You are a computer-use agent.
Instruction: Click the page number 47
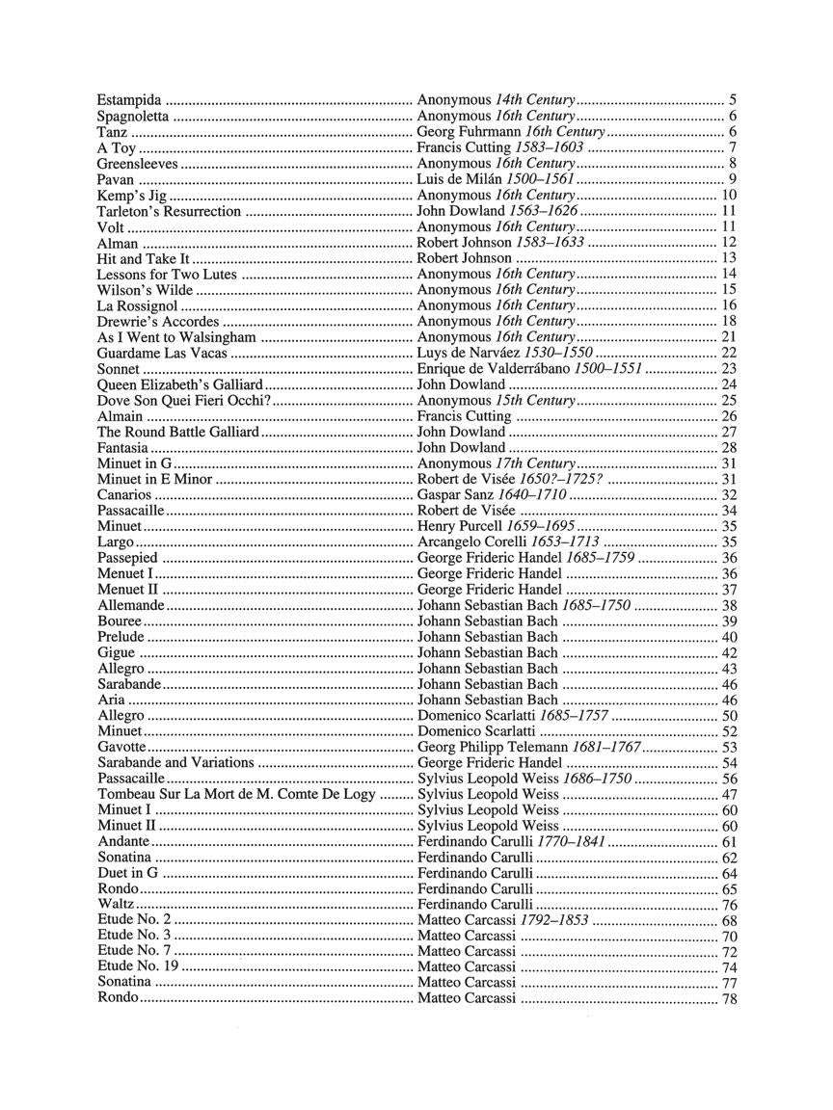[729, 795]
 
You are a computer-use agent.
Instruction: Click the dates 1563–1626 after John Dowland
[544, 211]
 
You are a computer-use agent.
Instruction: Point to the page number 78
[729, 998]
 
